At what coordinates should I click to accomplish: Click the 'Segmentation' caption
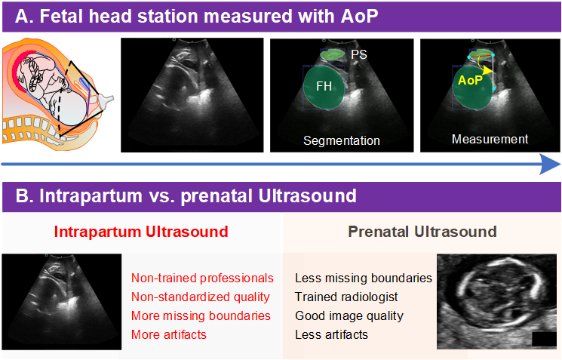point(341,140)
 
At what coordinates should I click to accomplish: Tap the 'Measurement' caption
point(490,139)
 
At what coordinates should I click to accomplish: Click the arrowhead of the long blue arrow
point(551,163)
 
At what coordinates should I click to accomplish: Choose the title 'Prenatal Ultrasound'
point(422,231)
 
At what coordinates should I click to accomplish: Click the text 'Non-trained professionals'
point(202,278)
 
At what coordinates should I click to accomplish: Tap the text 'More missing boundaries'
point(201,315)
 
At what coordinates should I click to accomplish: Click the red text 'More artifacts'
point(167,334)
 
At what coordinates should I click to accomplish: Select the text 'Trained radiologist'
point(346,297)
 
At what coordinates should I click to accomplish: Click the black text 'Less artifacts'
point(331,334)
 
